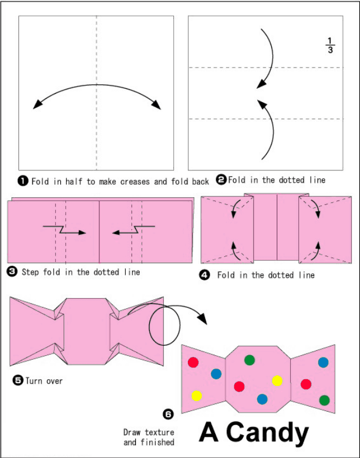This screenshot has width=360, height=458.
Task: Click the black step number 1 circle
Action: pos(22,181)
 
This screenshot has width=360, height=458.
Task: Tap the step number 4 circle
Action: pos(205,275)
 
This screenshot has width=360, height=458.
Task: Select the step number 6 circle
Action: pos(168,414)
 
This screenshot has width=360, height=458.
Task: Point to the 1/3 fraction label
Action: pos(330,45)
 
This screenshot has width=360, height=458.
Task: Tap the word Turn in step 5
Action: pos(33,381)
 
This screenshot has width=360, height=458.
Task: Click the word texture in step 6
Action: pos(159,432)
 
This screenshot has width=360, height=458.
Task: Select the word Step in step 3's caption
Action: pos(30,272)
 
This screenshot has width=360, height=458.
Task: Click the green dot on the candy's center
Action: pos(249,360)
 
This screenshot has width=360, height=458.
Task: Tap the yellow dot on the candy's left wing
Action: pos(197,396)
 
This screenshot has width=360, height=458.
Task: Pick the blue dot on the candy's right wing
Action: pos(323,362)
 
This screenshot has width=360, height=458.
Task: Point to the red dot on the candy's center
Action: pos(239,387)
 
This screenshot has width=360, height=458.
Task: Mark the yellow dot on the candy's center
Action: pos(277,381)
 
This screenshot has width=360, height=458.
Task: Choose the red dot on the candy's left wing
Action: pos(193,362)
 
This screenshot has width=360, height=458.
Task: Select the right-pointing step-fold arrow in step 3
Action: pos(65,230)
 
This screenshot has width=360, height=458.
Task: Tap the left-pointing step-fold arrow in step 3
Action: pos(134,230)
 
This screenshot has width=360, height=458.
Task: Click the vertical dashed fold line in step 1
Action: pos(97,93)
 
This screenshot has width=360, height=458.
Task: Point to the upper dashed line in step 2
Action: pos(266,68)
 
